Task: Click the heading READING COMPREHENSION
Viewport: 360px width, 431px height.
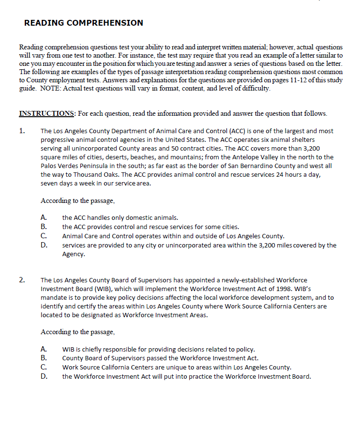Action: (83, 23)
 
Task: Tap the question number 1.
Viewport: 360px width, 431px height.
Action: (22, 131)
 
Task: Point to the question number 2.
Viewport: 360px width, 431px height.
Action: (22, 280)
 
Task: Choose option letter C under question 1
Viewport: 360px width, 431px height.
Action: (44, 236)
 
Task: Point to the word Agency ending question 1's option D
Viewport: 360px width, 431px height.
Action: (73, 254)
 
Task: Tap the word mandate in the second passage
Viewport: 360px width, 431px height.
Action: (54, 297)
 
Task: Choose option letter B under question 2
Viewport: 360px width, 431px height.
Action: (44, 358)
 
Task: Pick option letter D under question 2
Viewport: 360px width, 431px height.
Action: (44, 376)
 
